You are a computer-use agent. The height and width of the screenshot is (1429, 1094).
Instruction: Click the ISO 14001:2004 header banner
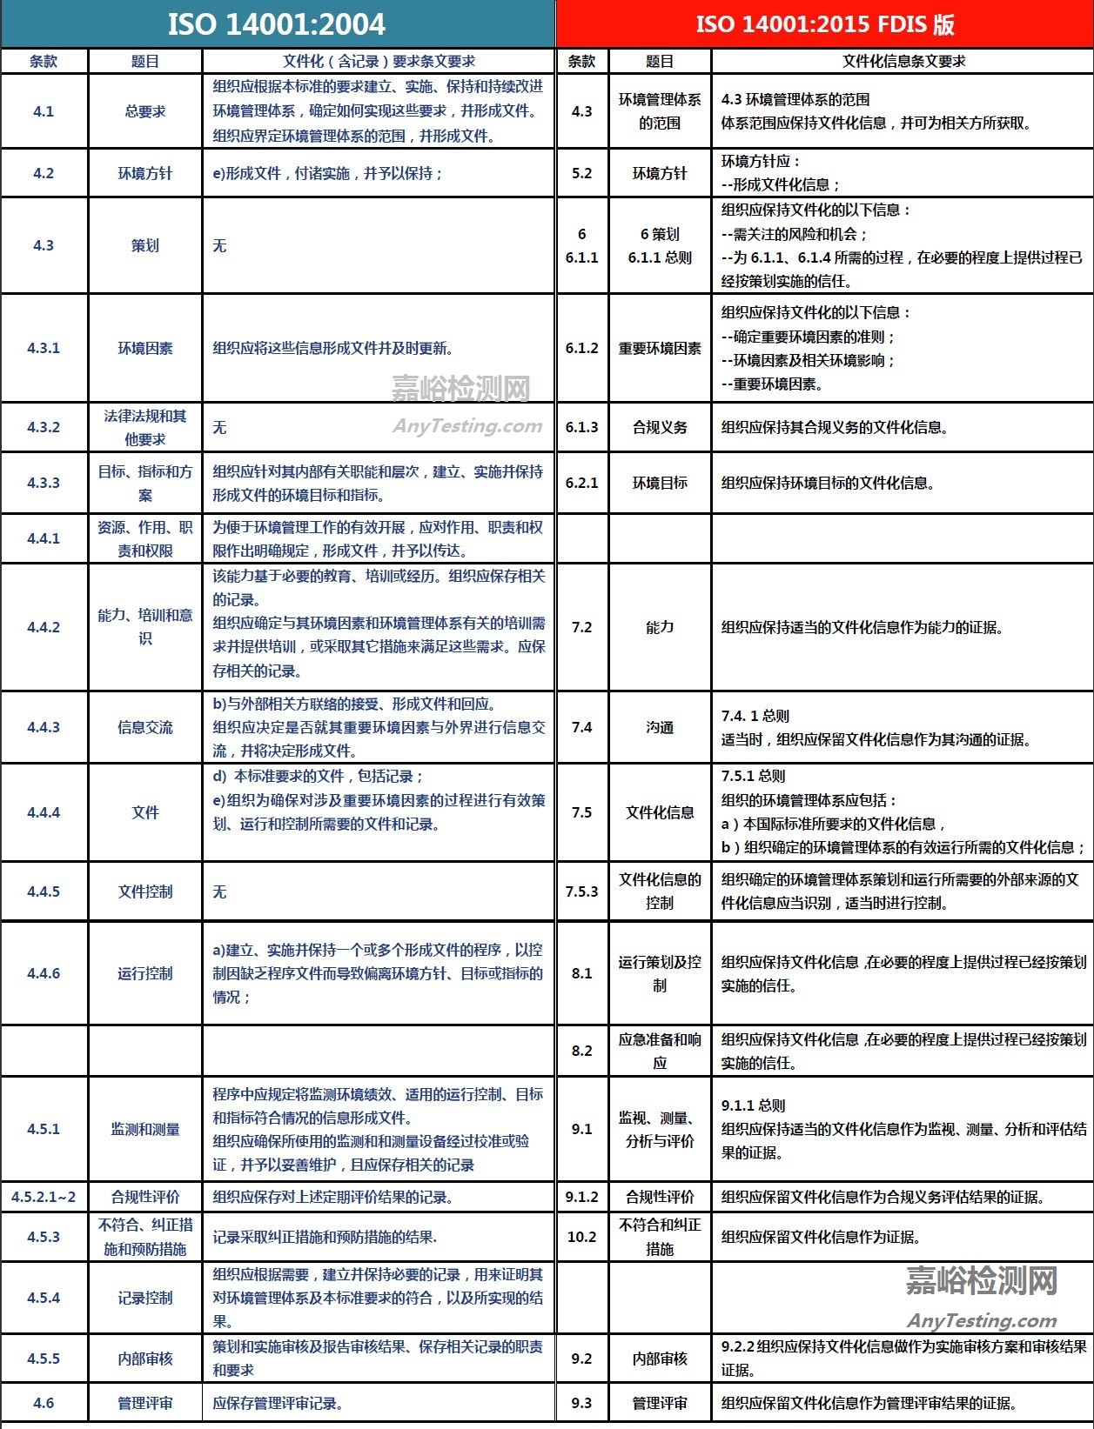click(x=277, y=23)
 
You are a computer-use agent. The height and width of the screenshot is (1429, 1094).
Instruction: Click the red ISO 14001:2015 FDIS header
click(x=824, y=23)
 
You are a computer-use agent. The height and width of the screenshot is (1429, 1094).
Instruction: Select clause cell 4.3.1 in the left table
click(x=44, y=348)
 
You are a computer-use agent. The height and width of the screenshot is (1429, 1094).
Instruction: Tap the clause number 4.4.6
click(x=44, y=973)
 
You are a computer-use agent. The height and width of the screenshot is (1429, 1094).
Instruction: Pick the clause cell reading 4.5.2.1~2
click(x=44, y=1197)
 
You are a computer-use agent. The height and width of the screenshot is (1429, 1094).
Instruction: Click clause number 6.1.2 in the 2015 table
click(x=581, y=348)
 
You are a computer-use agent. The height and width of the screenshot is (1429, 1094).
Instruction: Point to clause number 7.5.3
click(x=581, y=891)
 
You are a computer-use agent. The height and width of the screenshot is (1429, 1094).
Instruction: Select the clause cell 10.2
click(x=581, y=1237)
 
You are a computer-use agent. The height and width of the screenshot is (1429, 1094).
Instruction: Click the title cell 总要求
click(x=145, y=111)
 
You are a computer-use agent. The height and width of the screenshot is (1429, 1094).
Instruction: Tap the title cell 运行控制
click(x=145, y=973)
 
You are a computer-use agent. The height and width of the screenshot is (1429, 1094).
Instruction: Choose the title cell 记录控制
click(x=145, y=1298)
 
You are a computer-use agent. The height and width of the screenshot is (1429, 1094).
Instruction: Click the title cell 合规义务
click(x=660, y=427)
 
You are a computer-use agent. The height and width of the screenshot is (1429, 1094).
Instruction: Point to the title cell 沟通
click(x=660, y=727)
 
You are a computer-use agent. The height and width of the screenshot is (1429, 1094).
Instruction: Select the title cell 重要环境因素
click(x=660, y=348)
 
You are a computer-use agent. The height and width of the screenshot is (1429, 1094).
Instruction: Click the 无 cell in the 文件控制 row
click(x=220, y=891)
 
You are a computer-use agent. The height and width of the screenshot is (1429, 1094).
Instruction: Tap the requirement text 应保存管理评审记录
click(x=278, y=1403)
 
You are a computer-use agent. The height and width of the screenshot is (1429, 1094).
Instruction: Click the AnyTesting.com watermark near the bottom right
click(x=982, y=1321)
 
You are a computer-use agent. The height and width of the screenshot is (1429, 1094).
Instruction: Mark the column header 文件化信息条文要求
click(x=903, y=61)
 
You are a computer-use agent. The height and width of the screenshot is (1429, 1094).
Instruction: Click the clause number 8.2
click(x=581, y=1051)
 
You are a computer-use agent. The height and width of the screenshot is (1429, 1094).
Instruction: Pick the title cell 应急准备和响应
click(x=660, y=1051)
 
